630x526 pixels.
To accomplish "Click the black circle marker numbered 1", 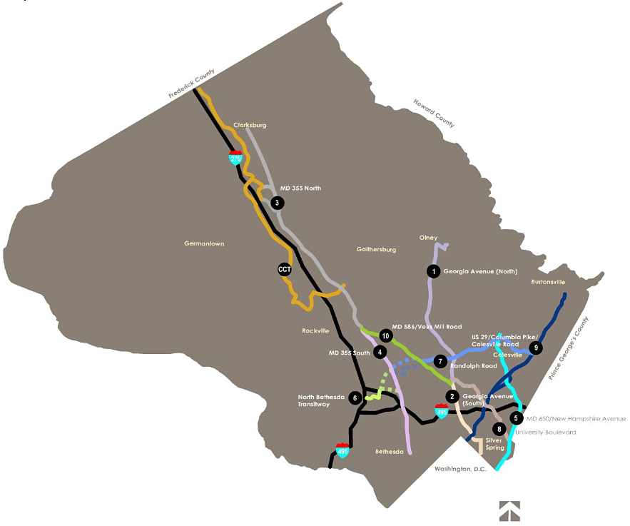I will coord(432,271).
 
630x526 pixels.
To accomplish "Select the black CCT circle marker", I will coord(285,269).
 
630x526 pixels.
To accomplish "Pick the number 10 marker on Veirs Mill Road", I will coord(385,335).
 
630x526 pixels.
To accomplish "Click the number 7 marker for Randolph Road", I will coord(441,361).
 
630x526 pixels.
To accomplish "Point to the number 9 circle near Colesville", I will coord(536,348).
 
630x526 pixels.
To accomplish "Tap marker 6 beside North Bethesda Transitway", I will coord(355,398).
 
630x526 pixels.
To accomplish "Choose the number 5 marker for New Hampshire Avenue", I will coord(517,418).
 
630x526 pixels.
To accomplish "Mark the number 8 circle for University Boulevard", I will coord(499,429).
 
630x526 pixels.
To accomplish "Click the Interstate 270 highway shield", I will coord(235,158).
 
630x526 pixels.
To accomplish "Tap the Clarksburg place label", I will coord(250,126).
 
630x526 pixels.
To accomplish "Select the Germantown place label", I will coord(204,244).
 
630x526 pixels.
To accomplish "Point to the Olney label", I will coord(429,238).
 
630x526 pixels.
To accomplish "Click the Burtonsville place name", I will coord(548,282).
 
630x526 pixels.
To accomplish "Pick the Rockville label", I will coord(315,331).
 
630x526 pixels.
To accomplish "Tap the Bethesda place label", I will coord(390,452).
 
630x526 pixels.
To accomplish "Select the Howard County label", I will coord(434,113).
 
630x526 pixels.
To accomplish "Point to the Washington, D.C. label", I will coord(459,469).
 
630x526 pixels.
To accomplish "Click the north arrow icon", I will coord(509,510).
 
